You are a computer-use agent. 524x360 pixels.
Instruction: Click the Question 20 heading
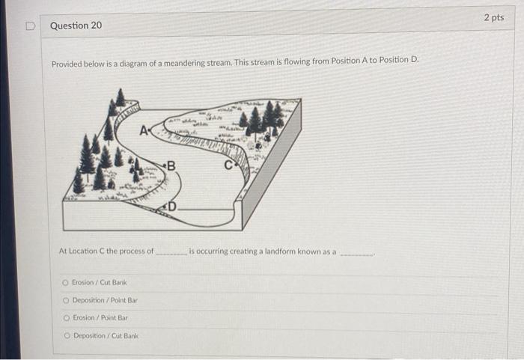tap(76, 25)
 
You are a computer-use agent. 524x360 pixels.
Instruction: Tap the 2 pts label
tap(494, 17)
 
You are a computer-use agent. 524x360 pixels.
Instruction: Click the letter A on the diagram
tap(144, 131)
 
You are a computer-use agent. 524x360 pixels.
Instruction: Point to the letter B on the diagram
tap(171, 166)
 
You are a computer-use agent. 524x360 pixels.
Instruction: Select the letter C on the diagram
tap(228, 165)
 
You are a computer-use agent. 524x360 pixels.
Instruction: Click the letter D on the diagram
tap(171, 207)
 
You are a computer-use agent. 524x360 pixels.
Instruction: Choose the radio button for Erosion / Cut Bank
tap(65, 283)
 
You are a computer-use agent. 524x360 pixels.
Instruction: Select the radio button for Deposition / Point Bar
tap(66, 301)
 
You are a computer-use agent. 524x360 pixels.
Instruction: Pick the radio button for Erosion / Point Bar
tap(67, 318)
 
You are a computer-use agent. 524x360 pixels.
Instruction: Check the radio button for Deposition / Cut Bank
tap(67, 335)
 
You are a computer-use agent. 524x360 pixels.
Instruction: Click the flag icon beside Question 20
tap(31, 25)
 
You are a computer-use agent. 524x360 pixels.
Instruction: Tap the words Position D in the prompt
tap(398, 60)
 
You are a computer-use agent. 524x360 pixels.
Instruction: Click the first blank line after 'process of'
tap(171, 254)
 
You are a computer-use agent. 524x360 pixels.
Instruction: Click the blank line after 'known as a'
tap(356, 255)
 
